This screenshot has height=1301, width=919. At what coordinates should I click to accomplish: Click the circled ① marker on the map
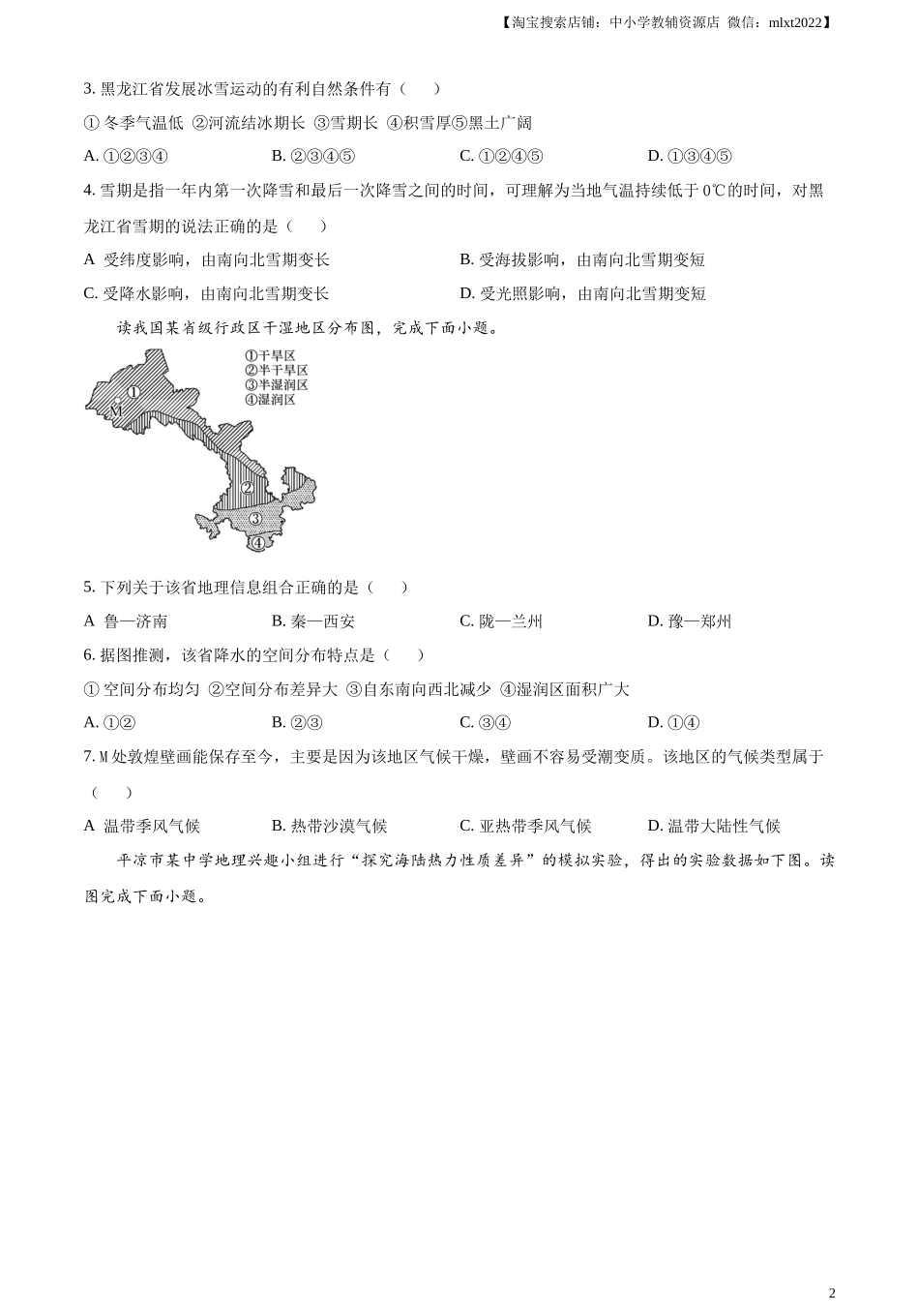(134, 392)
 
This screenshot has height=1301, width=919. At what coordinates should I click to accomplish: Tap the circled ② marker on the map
(248, 488)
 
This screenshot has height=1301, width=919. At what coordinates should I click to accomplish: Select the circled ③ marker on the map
(255, 519)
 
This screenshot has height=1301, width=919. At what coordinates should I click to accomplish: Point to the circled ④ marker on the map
(257, 542)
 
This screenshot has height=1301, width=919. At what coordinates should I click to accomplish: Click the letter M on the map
(115, 410)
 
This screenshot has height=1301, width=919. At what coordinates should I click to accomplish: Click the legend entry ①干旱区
(270, 355)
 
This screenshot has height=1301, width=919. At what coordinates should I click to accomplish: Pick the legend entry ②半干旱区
(276, 370)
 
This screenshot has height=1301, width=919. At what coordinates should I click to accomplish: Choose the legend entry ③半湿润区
(276, 384)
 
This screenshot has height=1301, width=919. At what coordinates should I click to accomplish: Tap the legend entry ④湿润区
(270, 399)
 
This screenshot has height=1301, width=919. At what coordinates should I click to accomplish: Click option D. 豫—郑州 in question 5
(689, 621)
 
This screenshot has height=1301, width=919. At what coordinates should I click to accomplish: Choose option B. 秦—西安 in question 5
(312, 621)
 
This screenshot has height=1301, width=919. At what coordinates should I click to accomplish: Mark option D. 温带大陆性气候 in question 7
(713, 826)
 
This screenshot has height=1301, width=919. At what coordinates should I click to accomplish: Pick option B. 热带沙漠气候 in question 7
(329, 826)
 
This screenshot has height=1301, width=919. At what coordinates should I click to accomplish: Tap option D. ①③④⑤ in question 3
(689, 156)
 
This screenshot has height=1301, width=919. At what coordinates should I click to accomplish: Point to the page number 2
(832, 1291)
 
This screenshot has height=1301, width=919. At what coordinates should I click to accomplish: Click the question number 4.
(88, 191)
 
